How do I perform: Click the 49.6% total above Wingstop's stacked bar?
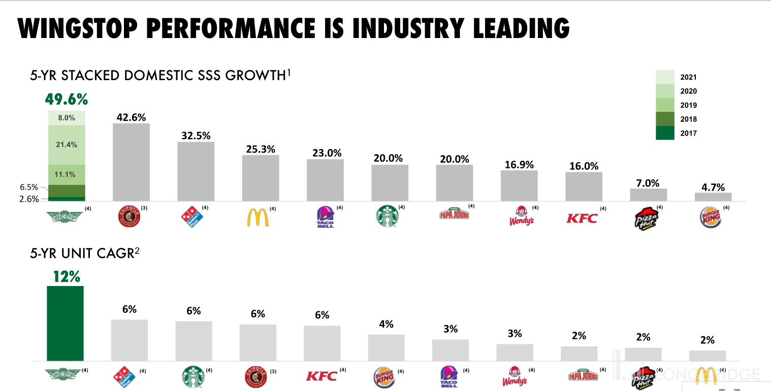click(x=67, y=98)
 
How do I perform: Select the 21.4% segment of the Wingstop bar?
click(x=67, y=145)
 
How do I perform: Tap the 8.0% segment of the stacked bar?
click(x=67, y=118)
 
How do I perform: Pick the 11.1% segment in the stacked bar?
click(x=67, y=174)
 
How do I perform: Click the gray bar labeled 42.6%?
click(x=131, y=162)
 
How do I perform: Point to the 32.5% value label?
click(x=196, y=135)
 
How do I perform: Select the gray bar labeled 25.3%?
click(x=261, y=178)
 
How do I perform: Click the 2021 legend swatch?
click(x=665, y=77)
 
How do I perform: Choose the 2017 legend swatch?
click(x=665, y=133)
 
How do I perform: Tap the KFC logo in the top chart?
click(x=582, y=219)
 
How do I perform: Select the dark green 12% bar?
click(x=65, y=323)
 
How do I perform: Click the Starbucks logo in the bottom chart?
click(x=193, y=376)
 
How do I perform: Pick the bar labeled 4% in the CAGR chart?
click(x=386, y=347)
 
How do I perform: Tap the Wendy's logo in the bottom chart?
click(x=515, y=376)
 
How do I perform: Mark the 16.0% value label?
click(x=584, y=166)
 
